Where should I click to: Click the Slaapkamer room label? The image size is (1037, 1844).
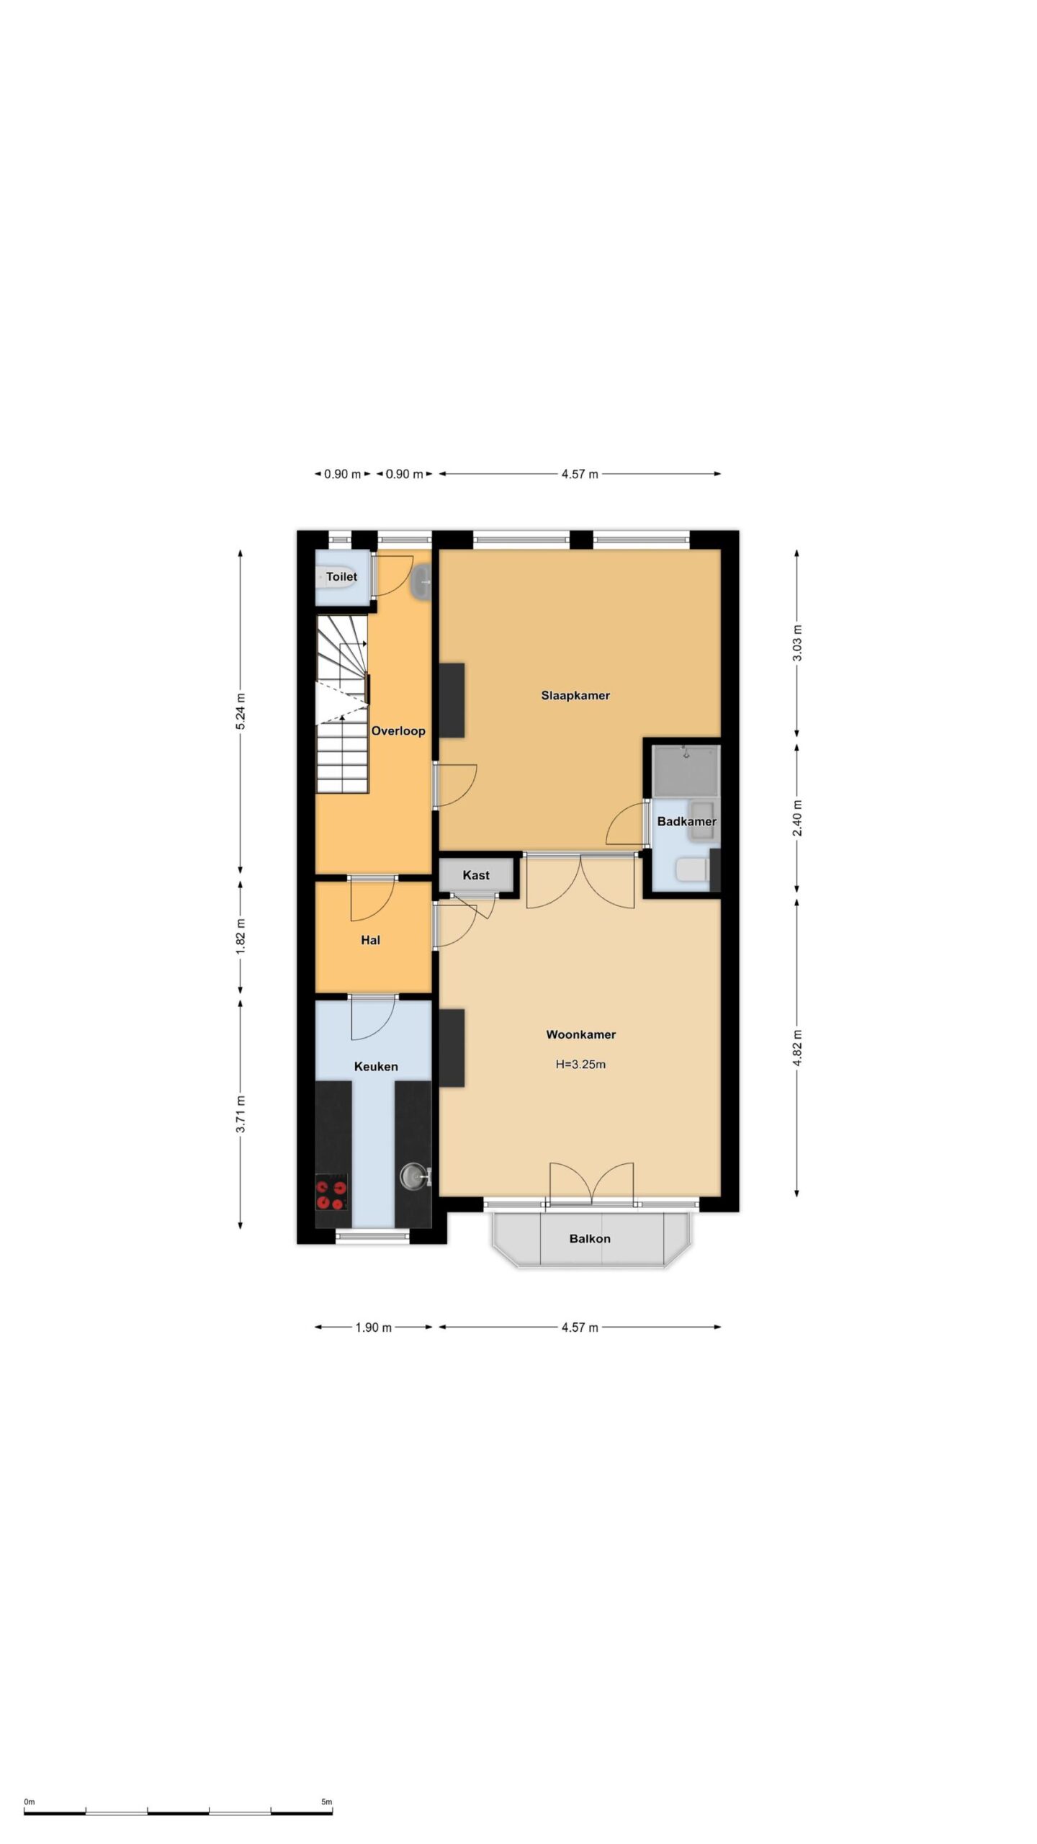click(575, 696)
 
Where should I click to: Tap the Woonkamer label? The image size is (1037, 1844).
click(580, 1035)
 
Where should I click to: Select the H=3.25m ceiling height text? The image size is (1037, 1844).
click(580, 1065)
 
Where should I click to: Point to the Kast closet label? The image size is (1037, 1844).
click(476, 875)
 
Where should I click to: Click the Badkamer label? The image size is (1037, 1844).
click(686, 821)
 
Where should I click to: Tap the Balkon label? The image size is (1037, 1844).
click(590, 1239)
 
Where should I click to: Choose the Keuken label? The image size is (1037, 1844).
click(376, 1067)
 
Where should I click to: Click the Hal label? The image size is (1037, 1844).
click(370, 940)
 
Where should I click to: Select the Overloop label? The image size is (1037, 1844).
click(398, 731)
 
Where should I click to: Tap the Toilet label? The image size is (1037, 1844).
click(341, 576)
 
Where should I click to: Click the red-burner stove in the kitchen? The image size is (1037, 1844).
click(332, 1192)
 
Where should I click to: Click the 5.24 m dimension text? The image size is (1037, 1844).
click(241, 711)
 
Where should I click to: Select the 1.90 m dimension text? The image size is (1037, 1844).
click(374, 1328)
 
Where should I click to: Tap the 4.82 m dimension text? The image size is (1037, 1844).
click(796, 1049)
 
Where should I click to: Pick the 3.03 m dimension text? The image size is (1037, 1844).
click(796, 644)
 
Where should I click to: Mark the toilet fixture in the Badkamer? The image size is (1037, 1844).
click(693, 870)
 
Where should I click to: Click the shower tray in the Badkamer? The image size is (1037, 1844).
click(686, 770)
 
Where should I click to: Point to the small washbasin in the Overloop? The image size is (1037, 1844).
click(421, 581)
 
